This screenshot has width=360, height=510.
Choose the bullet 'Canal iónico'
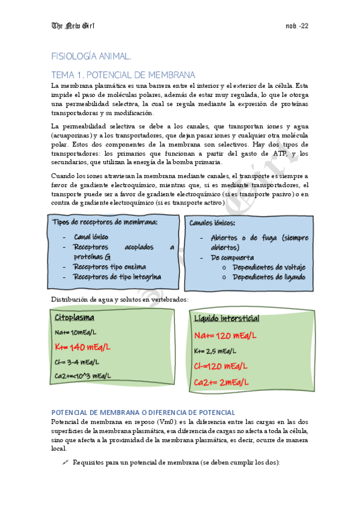click(91, 237)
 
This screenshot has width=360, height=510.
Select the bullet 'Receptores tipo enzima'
click(109, 266)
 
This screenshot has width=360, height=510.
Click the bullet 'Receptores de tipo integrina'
click(117, 277)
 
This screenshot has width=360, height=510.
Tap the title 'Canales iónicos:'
click(212, 223)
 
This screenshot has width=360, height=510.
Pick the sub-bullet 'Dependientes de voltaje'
click(269, 267)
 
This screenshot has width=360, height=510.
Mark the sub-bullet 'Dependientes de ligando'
click(269, 277)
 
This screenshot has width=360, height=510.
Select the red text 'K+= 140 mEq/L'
click(82, 347)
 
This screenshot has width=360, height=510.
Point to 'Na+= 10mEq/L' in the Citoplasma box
click(75, 332)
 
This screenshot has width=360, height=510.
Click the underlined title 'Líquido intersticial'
click(227, 318)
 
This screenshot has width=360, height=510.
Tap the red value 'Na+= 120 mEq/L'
click(225, 335)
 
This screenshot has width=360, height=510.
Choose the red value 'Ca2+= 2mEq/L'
click(222, 382)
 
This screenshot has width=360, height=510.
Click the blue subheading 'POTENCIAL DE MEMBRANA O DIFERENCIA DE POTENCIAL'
click(143, 413)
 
